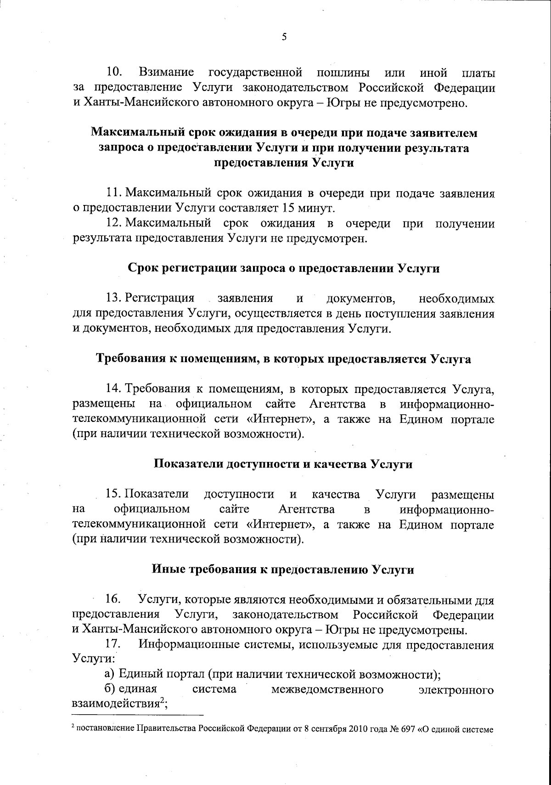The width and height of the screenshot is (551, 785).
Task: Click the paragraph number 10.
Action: [x=114, y=72]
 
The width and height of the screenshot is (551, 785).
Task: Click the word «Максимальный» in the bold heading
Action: [x=138, y=133]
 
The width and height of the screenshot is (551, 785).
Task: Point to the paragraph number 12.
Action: [x=113, y=223]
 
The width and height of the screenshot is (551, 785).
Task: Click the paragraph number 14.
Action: [x=113, y=389]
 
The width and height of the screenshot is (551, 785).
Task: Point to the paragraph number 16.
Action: [x=113, y=600]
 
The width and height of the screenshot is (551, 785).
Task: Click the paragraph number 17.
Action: [x=113, y=644]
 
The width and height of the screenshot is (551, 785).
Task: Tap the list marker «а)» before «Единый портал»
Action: [x=110, y=674]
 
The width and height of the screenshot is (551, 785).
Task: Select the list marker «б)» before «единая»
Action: [x=110, y=689]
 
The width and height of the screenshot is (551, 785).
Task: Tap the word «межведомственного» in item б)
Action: [x=327, y=690]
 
